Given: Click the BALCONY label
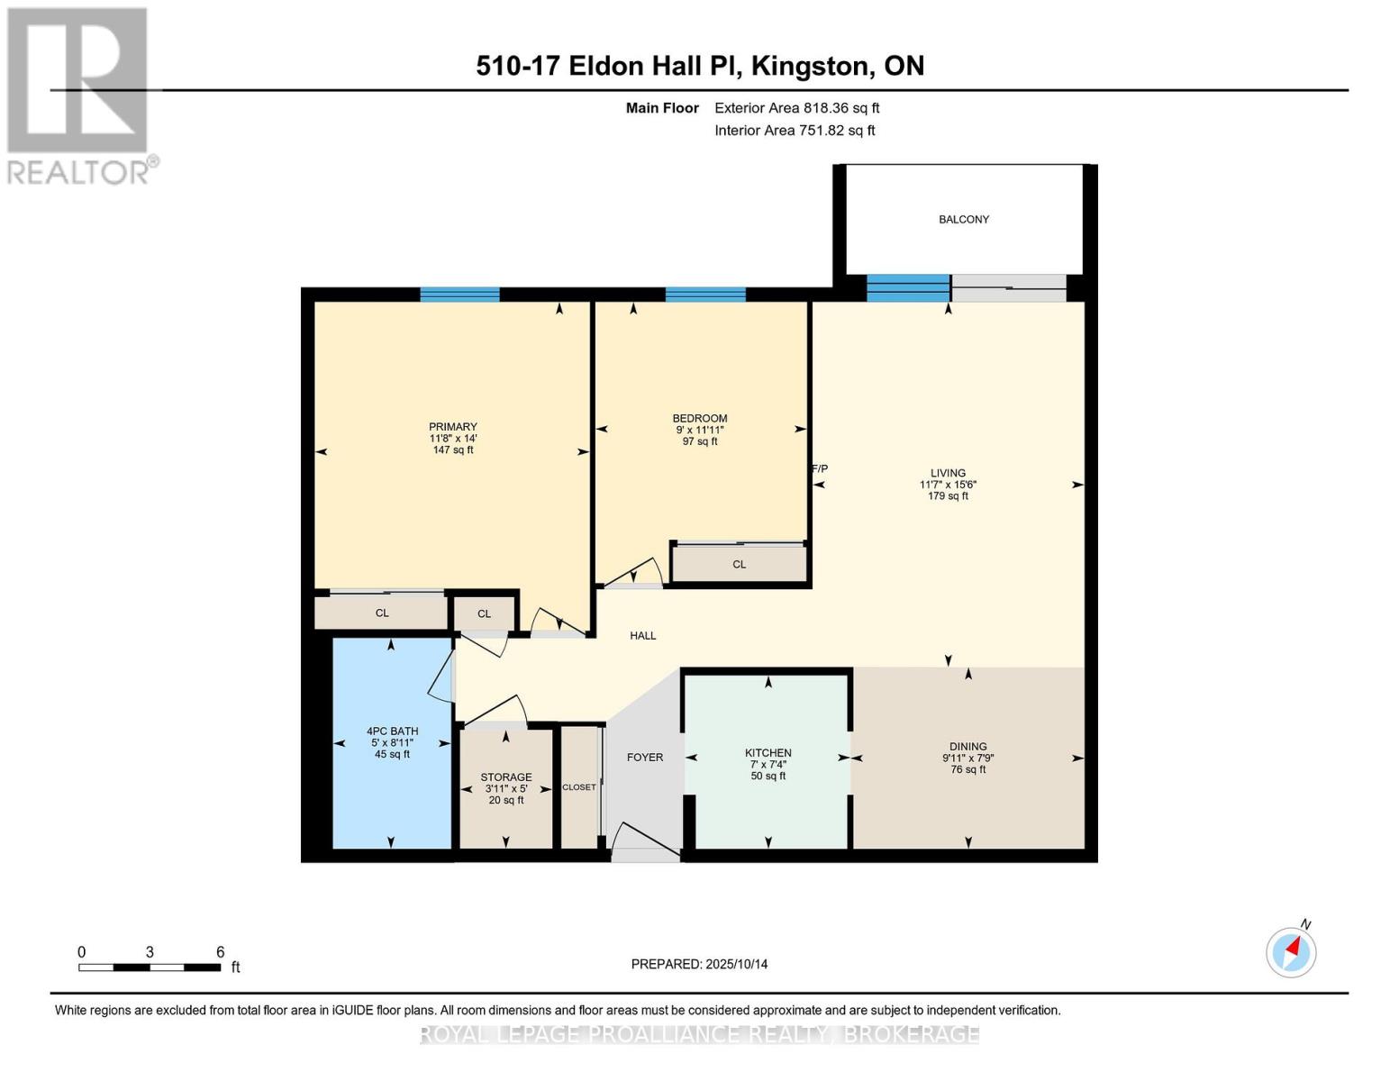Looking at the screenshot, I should pyautogui.click(x=963, y=220).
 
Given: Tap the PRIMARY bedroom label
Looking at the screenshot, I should pyautogui.click(x=452, y=427).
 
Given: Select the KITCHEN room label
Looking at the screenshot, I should pyautogui.click(x=768, y=753).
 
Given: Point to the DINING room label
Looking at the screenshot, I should pyautogui.click(x=967, y=747).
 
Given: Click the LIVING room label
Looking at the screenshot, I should pyautogui.click(x=948, y=473).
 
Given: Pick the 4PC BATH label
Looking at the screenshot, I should pyautogui.click(x=392, y=731).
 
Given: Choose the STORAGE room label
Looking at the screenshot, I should pyautogui.click(x=505, y=777).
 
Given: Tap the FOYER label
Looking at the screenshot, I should pyautogui.click(x=645, y=758).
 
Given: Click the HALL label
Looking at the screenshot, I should pyautogui.click(x=643, y=636).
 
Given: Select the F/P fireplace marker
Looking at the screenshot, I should pyautogui.click(x=820, y=468).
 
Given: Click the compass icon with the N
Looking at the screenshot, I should pyautogui.click(x=1291, y=951).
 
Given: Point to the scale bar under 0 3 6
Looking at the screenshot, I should pyautogui.click(x=150, y=967).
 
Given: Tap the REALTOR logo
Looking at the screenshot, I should pyautogui.click(x=78, y=95).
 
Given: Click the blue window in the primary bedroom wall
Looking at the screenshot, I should pyautogui.click(x=459, y=295).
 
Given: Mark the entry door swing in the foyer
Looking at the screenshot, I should pyautogui.click(x=645, y=841).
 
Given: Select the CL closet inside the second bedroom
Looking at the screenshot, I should pyautogui.click(x=739, y=565).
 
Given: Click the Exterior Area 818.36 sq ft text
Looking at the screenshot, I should pyautogui.click(x=796, y=108).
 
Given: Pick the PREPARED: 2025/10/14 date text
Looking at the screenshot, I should pyautogui.click(x=699, y=964).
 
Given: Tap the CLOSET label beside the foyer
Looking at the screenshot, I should pyautogui.click(x=579, y=787).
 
